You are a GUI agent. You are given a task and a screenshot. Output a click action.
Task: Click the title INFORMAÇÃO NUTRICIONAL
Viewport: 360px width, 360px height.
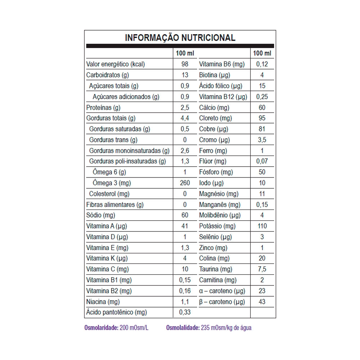coord(180,38)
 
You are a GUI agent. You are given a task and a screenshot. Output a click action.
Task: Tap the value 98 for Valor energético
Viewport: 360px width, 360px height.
coord(185,64)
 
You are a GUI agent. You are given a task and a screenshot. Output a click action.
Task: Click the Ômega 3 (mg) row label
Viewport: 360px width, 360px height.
coord(112,183)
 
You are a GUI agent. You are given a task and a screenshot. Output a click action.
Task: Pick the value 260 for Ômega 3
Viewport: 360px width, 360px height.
coord(185,183)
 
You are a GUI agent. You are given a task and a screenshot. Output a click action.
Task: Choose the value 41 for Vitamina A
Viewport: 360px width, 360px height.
coord(185,226)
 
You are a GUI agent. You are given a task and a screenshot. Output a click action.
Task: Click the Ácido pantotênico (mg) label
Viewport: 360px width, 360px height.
coord(116,312)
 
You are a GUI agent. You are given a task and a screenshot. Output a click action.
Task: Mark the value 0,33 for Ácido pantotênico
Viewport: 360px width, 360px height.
coord(185,312)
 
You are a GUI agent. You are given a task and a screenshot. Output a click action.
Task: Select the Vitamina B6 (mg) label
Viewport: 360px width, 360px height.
coord(222,64)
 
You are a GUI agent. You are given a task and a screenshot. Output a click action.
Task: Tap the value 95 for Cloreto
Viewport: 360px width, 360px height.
coord(262,118)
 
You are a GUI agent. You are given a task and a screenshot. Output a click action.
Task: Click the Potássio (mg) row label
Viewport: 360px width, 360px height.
coord(217,226)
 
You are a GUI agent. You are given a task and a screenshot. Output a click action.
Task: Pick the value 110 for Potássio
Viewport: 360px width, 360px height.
coord(262,226)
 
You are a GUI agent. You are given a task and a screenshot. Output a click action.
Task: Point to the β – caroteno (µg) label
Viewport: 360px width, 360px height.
coord(222,301)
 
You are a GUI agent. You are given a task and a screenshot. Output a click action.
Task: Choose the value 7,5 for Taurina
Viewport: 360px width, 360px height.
coord(262,269)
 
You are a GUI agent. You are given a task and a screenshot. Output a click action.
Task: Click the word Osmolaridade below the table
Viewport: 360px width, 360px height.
coord(101,328)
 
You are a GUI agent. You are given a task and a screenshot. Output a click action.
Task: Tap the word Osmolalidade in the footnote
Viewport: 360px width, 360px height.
coord(183,328)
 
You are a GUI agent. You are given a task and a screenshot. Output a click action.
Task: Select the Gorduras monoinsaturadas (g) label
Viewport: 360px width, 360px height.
coord(129,150)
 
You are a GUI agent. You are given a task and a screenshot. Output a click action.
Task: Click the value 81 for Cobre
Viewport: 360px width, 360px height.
coord(262,129)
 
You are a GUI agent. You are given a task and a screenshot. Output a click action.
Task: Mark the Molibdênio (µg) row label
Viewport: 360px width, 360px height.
coord(220,215)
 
